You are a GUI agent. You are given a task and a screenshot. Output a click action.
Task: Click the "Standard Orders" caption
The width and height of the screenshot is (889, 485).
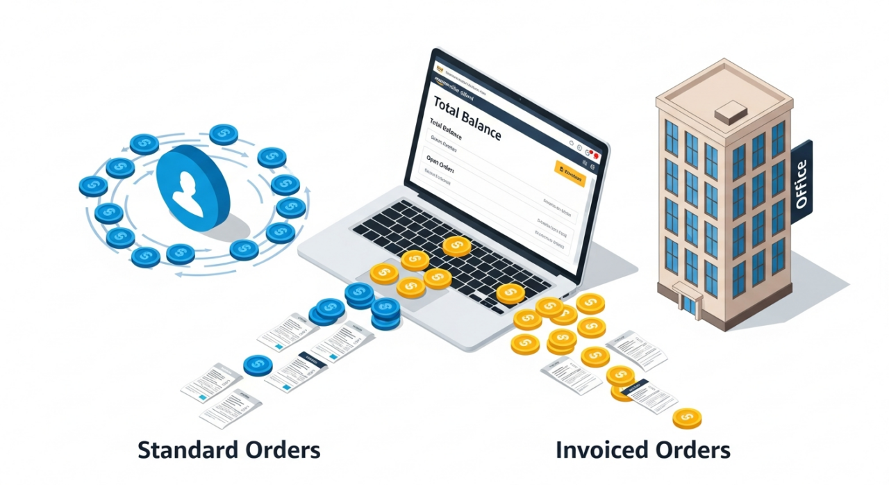click(229, 450)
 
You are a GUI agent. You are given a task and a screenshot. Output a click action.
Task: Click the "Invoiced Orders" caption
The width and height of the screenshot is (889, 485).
click(643, 450)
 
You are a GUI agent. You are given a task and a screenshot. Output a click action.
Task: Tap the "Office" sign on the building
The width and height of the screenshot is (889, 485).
click(801, 184)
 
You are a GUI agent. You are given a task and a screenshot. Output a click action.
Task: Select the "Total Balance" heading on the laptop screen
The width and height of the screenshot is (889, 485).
click(467, 117)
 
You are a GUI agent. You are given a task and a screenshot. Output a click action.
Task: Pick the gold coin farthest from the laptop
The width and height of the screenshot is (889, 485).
click(687, 418)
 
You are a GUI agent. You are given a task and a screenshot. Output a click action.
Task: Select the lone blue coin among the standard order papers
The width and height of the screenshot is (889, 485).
click(258, 365)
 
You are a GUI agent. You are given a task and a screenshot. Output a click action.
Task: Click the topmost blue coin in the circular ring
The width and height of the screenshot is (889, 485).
click(224, 134)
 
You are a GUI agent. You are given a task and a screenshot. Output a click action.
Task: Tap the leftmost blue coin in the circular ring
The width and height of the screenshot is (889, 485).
click(93, 186)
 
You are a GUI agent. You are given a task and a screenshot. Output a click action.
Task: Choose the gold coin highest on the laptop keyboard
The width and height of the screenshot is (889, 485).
click(456, 246)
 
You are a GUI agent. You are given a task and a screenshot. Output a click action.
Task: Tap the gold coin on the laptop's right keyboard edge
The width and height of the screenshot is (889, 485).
click(510, 293)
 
